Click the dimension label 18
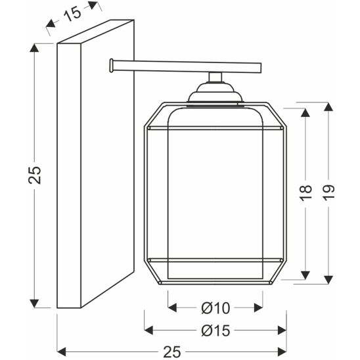pos(307,193)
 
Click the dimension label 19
pos(329,193)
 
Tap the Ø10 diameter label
pos(215,308)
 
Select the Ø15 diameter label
pos(215,330)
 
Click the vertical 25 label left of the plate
pos(35,175)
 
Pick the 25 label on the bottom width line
pos(172,351)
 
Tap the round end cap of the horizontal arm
pos(112,66)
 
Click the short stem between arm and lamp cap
pos(215,78)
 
